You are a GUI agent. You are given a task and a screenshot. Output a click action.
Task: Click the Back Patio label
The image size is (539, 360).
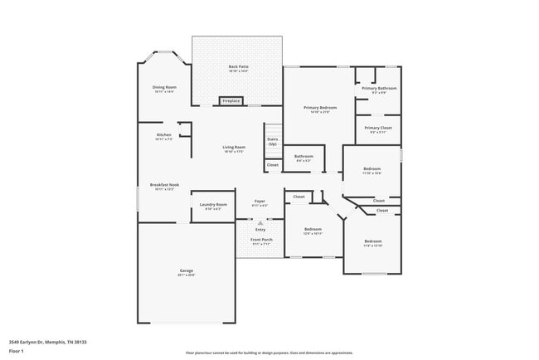(x=239, y=67)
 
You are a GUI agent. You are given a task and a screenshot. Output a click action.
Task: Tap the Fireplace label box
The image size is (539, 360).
(x=231, y=101)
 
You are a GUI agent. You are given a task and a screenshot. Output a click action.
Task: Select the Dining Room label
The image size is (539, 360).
(x=164, y=89)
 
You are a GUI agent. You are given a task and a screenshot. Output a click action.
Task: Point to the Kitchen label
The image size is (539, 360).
(x=164, y=137)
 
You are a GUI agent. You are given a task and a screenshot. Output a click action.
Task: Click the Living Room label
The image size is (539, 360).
(x=233, y=149)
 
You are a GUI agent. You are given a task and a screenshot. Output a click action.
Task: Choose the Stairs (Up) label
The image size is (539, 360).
(x=272, y=141)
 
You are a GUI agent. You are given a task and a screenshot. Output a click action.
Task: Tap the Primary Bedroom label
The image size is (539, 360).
(x=319, y=109)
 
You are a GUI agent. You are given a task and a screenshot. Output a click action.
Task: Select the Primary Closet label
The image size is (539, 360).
(x=378, y=129)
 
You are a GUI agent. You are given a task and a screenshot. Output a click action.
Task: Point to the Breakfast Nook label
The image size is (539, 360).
(x=164, y=187)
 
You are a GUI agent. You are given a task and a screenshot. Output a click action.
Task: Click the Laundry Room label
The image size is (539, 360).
(x=216, y=207)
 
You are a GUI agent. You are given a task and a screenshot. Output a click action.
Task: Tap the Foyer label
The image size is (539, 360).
(x=260, y=202)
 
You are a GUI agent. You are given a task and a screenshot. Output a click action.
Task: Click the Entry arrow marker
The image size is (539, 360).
(x=260, y=223)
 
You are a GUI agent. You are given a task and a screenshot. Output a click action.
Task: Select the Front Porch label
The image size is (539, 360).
(x=261, y=241)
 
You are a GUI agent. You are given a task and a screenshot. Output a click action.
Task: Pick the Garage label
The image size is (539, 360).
(x=187, y=272)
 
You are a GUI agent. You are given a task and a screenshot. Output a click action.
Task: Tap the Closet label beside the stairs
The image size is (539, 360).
(x=273, y=166)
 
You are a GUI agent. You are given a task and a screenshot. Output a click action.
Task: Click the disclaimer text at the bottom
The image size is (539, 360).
(x=269, y=353)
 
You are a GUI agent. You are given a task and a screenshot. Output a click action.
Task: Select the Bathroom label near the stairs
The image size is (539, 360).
(x=303, y=158)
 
